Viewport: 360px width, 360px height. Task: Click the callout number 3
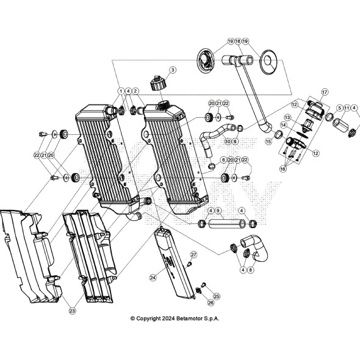click(x=173, y=70)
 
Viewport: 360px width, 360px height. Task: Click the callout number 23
click(x=72, y=311)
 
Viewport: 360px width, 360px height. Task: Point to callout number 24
click(x=153, y=276)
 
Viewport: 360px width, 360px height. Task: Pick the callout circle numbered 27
click(x=193, y=254)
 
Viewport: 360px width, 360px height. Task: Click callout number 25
click(x=216, y=295)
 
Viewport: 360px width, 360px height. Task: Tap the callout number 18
click(x=237, y=41)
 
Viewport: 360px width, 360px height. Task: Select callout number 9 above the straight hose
click(x=218, y=211)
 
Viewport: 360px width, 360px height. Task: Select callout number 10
click(x=227, y=142)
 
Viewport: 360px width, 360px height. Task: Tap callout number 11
click(x=346, y=108)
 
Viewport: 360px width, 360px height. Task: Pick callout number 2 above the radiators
click(x=136, y=91)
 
